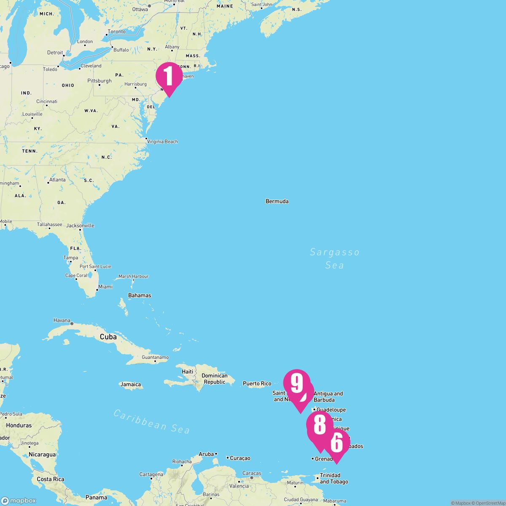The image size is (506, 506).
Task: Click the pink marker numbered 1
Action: click(x=169, y=77)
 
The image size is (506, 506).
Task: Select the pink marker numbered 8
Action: click(x=320, y=425)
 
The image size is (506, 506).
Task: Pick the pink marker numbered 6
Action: click(x=336, y=443)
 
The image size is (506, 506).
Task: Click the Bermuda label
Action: click(x=277, y=202)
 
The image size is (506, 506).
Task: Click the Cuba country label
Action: click(x=108, y=337)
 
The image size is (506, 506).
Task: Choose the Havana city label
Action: click(x=62, y=320)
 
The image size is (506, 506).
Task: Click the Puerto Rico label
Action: click(x=257, y=384)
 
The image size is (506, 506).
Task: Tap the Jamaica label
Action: click(x=130, y=385)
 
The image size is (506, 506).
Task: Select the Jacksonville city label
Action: click(x=80, y=226)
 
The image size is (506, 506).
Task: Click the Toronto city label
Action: click(x=116, y=32)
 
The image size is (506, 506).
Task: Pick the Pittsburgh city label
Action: click(x=100, y=81)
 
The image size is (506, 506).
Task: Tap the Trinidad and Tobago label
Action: click(x=334, y=479)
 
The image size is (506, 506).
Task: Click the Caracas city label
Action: click(x=251, y=474)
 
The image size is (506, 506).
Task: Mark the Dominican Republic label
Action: click(x=214, y=379)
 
